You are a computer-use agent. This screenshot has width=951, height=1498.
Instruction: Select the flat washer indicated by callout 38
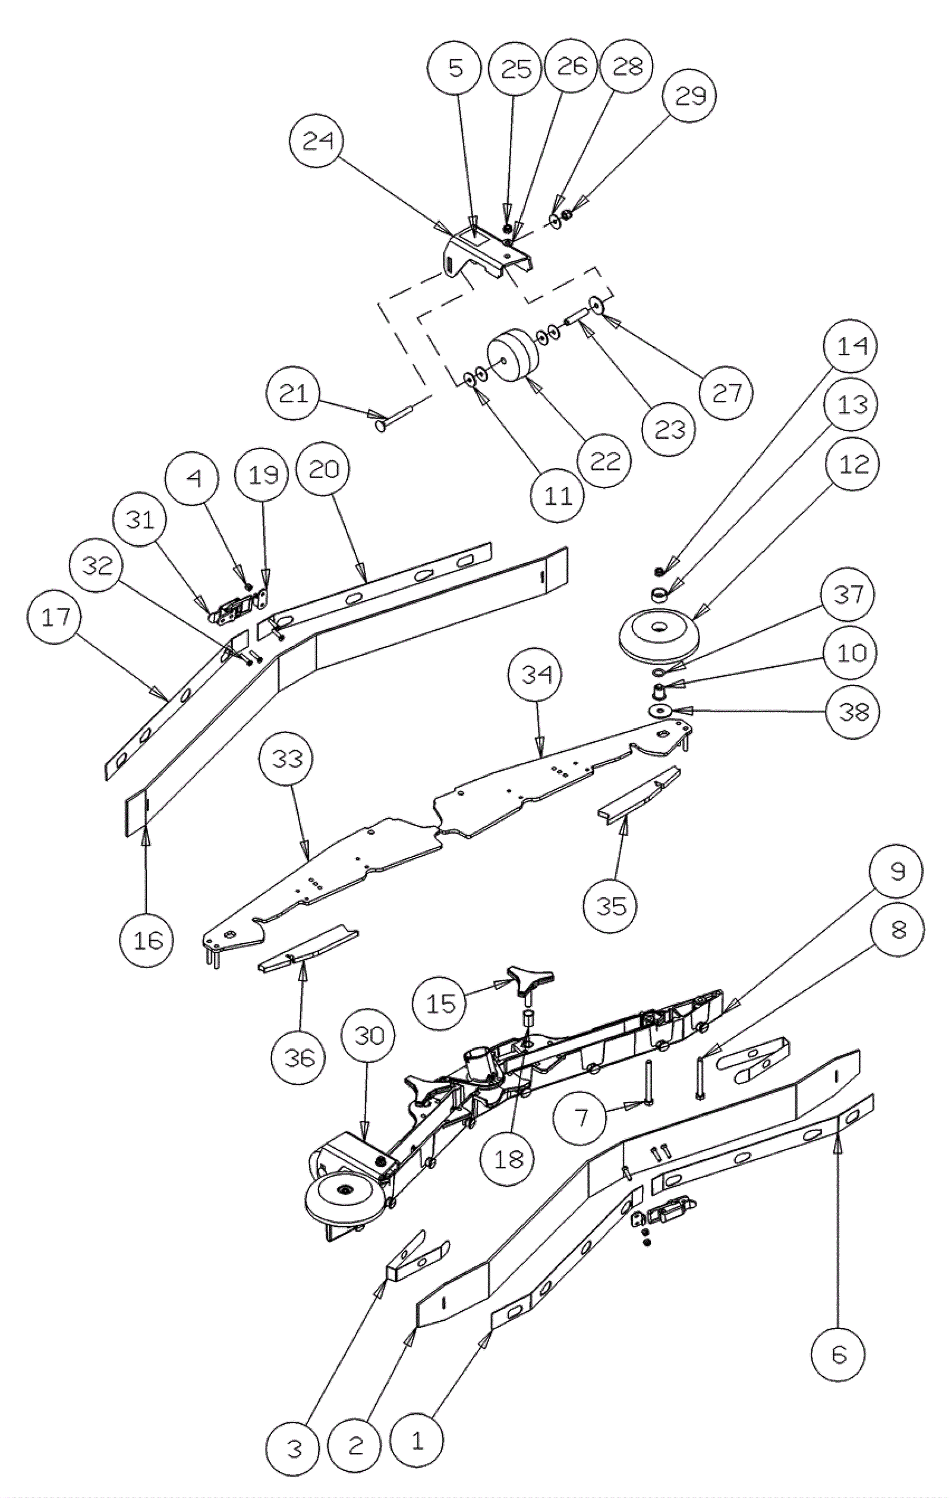(660, 711)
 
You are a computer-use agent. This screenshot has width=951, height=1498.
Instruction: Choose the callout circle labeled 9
(896, 873)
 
